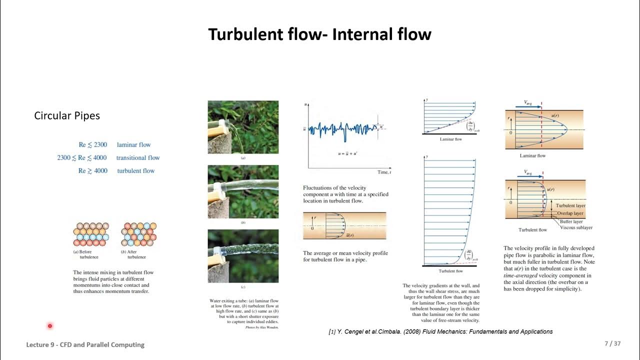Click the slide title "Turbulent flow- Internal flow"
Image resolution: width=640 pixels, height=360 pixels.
319,34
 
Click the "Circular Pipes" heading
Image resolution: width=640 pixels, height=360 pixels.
67,115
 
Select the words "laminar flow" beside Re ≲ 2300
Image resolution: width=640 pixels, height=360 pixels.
133,145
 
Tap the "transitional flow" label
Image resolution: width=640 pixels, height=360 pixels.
138,158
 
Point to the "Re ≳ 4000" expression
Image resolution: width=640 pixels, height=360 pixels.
92,171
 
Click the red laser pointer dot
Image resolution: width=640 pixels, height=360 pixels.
50,326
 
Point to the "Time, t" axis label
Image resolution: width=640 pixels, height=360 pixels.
384,172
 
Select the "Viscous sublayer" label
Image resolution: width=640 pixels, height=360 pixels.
576,227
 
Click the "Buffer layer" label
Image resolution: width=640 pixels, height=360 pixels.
571,221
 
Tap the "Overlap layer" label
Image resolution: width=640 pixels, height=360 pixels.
571,213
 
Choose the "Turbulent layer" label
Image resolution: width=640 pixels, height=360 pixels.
571,205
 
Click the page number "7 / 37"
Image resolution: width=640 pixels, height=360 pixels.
612,344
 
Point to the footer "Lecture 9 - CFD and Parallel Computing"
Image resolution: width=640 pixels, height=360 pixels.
85,344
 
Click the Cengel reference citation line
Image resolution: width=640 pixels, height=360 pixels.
440,331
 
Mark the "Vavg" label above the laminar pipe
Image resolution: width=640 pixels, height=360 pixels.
528,102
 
